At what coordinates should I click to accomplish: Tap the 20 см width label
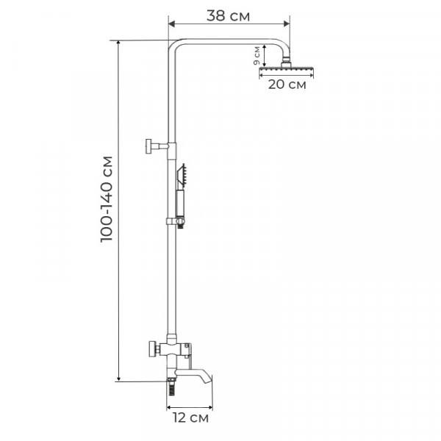(287, 84)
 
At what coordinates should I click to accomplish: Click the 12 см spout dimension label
(190, 419)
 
